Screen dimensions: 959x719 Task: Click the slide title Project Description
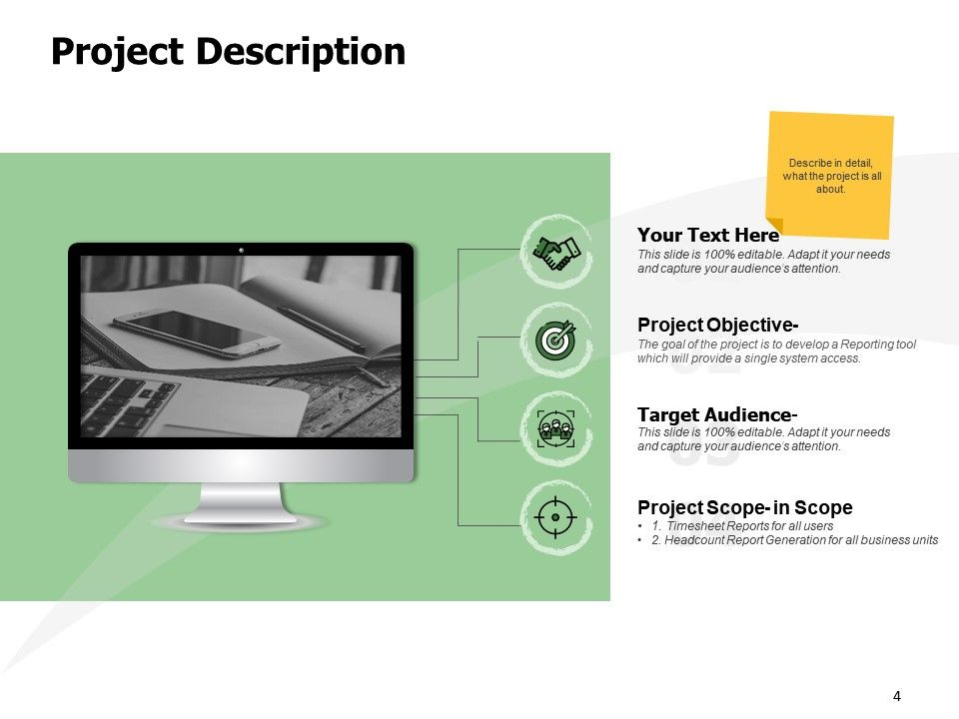pyautogui.click(x=228, y=51)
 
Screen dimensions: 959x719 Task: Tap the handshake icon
pyautogui.click(x=556, y=252)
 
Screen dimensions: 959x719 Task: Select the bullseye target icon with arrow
pyautogui.click(x=556, y=340)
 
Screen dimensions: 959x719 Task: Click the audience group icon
pyautogui.click(x=556, y=428)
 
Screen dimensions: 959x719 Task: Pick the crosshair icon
pyautogui.click(x=555, y=517)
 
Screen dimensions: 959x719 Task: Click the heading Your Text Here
pyautogui.click(x=708, y=235)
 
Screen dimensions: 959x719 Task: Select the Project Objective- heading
pyautogui.click(x=717, y=325)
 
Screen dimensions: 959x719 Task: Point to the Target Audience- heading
pyautogui.click(x=717, y=414)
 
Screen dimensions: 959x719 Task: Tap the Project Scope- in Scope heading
pyautogui.click(x=745, y=507)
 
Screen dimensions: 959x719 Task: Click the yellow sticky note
pyautogui.click(x=830, y=175)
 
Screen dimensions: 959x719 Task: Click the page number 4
pyautogui.click(x=897, y=696)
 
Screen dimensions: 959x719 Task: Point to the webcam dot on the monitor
pyautogui.click(x=241, y=250)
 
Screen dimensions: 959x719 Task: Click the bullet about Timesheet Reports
pyautogui.click(x=742, y=526)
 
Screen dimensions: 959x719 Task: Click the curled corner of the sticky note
pyautogui.click(x=774, y=225)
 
